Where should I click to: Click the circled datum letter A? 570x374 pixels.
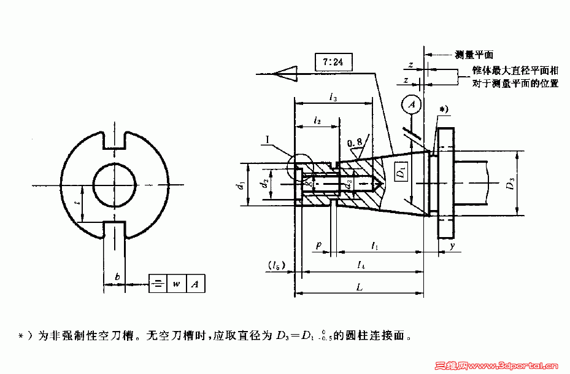pyautogui.click(x=412, y=105)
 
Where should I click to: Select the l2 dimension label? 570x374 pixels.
pyautogui.click(x=317, y=121)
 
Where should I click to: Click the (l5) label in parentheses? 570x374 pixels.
pyautogui.click(x=274, y=265)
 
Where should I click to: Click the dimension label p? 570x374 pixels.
pyautogui.click(x=318, y=245)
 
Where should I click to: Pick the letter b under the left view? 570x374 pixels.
pyautogui.click(x=118, y=278)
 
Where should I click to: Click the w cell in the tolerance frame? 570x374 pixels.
pyautogui.click(x=176, y=284)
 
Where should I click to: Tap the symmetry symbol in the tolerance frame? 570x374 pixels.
pyautogui.click(x=158, y=284)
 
